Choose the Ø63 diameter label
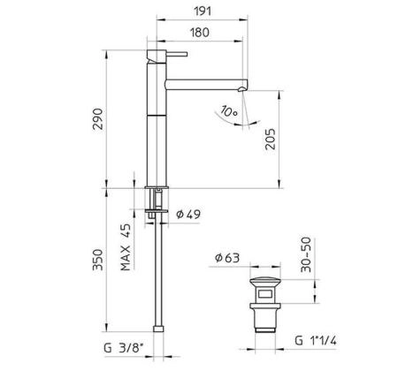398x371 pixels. tap(226, 259)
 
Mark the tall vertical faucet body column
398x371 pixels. tap(155, 124)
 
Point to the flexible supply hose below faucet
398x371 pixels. tap(156, 274)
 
